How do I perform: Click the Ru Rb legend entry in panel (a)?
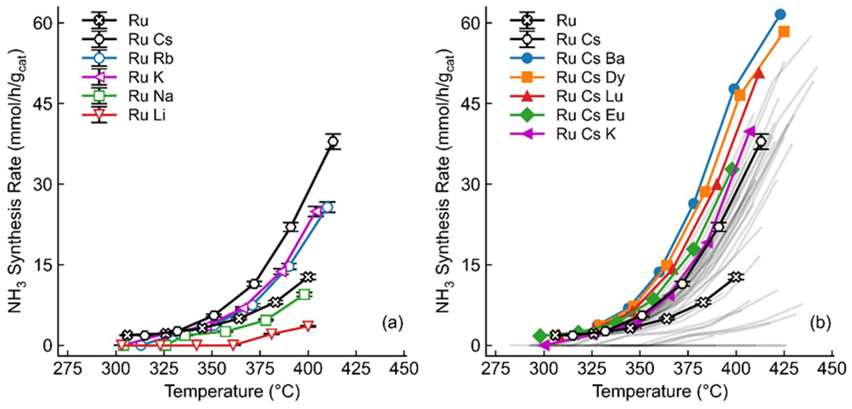click(150, 59)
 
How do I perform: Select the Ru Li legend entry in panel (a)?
click(147, 115)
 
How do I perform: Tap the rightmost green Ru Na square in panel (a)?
click(304, 294)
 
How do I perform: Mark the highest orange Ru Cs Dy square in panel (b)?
click(784, 32)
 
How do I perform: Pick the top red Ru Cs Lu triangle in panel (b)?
click(759, 73)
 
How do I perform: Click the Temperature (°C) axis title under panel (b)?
click(660, 391)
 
